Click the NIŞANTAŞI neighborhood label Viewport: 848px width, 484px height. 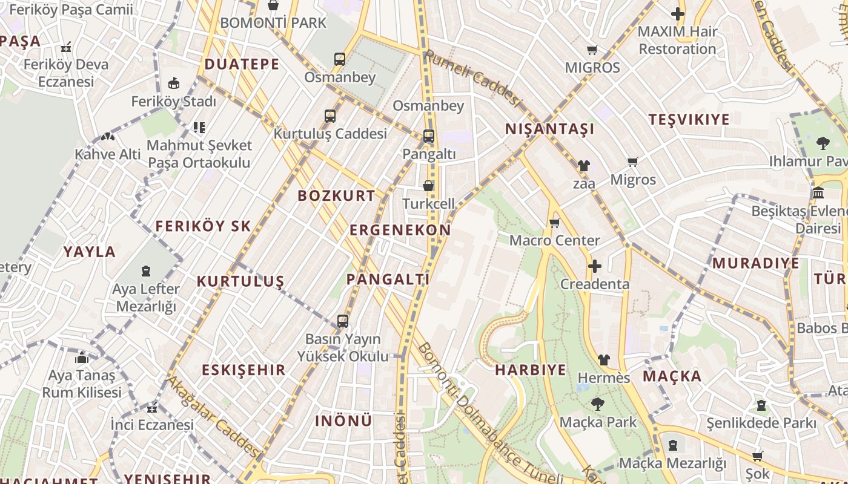[549, 129]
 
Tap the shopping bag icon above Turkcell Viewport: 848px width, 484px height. [428, 186]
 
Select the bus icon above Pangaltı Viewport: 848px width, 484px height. [428, 136]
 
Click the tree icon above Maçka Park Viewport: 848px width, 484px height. [597, 404]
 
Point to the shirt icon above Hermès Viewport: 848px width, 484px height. [603, 360]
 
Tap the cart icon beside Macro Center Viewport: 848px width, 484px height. [554, 223]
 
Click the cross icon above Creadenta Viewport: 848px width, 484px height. [594, 266]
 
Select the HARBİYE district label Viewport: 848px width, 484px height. [531, 370]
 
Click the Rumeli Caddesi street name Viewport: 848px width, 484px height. [472, 77]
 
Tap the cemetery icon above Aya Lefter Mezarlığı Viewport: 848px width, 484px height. [146, 271]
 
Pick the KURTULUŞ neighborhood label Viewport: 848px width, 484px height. [240, 281]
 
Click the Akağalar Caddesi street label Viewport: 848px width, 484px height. [213, 416]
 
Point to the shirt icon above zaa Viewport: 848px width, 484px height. [583, 165]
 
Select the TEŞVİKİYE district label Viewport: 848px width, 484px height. [689, 119]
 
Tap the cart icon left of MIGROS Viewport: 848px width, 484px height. [592, 50]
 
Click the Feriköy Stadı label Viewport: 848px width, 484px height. [173, 101]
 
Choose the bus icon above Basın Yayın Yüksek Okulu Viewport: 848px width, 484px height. [343, 321]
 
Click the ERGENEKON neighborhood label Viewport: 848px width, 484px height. [400, 230]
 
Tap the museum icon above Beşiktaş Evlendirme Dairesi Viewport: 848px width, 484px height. [818, 194]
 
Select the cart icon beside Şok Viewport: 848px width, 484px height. [757, 457]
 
